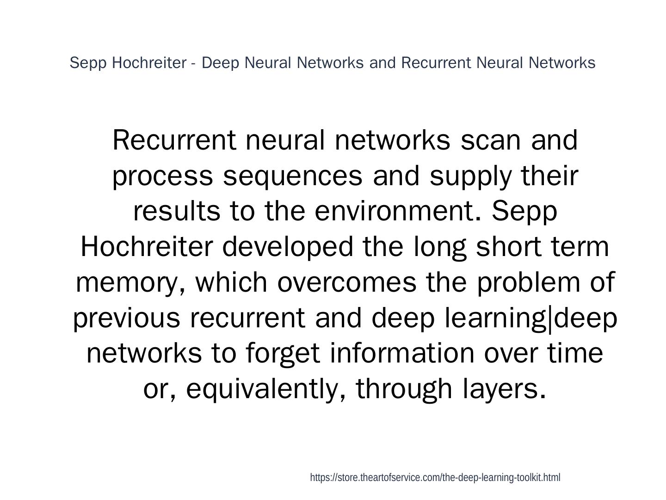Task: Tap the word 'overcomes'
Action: tap(347, 282)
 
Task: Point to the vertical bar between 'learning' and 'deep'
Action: tap(550, 318)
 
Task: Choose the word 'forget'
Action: tap(283, 353)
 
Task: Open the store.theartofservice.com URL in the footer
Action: tap(435, 478)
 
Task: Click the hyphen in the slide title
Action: tap(193, 63)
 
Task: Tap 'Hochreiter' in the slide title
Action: tap(149, 62)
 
